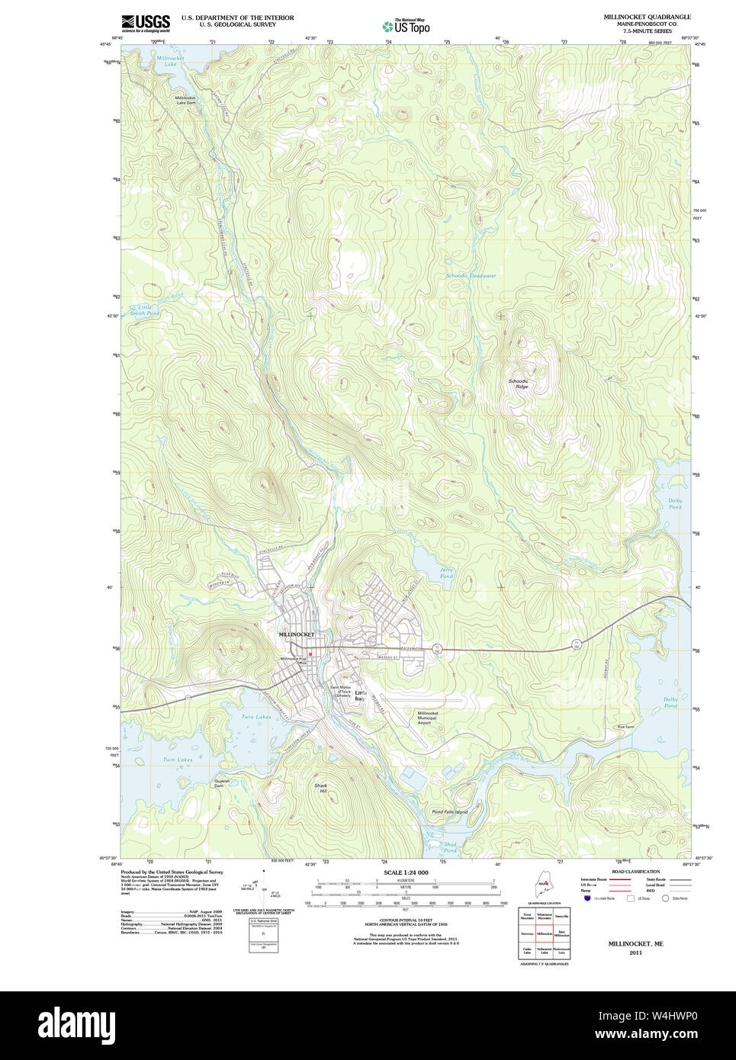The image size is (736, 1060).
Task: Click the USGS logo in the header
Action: click(x=145, y=23)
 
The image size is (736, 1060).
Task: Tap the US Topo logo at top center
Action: click(x=406, y=26)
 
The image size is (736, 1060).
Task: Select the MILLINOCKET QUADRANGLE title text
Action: click(x=647, y=17)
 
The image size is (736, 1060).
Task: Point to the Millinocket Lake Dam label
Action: click(x=185, y=100)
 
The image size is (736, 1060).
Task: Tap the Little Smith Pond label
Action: click(x=144, y=310)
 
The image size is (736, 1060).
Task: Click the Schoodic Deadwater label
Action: click(x=471, y=275)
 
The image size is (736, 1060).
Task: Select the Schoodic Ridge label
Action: click(x=519, y=384)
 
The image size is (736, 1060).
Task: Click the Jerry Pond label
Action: click(x=446, y=573)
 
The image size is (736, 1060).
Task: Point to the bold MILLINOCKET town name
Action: click(x=296, y=634)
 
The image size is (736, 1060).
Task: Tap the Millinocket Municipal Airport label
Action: click(x=427, y=718)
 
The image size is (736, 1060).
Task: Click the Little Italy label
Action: click(x=360, y=695)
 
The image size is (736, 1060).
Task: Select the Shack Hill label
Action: click(x=320, y=789)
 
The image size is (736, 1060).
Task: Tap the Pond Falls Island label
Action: click(x=449, y=812)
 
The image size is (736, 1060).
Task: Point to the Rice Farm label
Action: click(x=625, y=727)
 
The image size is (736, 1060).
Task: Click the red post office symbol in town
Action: click(x=310, y=654)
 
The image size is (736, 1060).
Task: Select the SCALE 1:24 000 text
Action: click(x=405, y=872)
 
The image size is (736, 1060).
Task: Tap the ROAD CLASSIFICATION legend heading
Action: click(x=635, y=872)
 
